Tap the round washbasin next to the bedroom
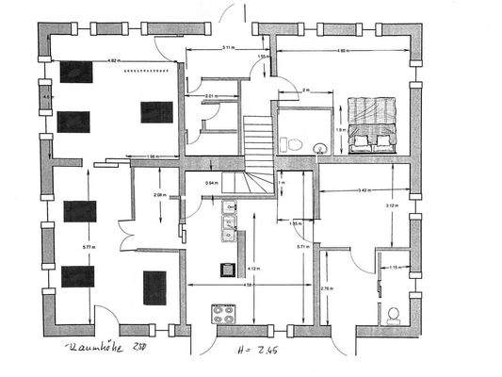(320, 147)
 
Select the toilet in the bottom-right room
(393, 314)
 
